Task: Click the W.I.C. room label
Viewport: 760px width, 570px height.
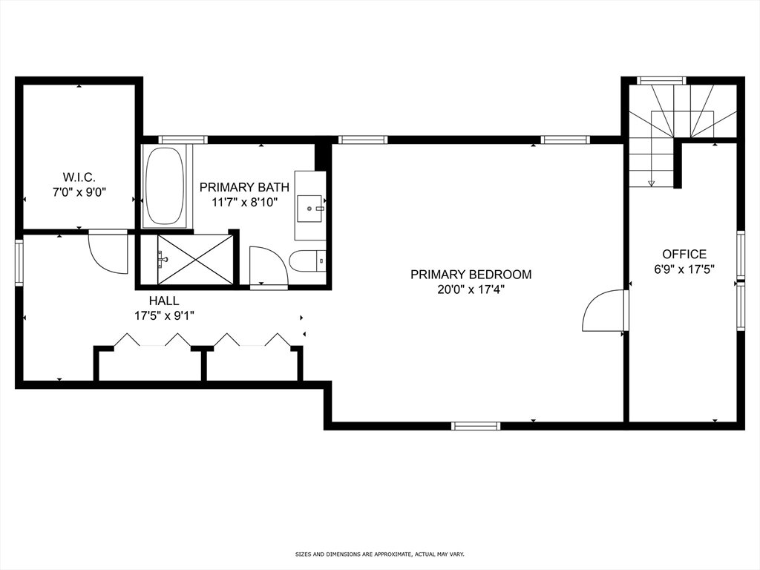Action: pos(79,177)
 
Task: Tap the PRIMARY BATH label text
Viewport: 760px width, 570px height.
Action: pos(244,187)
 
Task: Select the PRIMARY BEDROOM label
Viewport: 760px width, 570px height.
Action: pos(471,275)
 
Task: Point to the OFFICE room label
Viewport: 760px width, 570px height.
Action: pos(684,254)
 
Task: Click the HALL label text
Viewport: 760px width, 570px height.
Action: pos(164,301)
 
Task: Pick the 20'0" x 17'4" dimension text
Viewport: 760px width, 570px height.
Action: pos(471,290)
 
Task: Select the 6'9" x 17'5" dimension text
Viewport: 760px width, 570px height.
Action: pos(684,269)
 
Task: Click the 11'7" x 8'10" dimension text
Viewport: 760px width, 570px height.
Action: pos(244,203)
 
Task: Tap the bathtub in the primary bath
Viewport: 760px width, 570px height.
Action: pos(165,186)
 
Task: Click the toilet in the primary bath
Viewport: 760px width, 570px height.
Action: pos(307,261)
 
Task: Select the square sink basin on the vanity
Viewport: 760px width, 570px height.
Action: pos(309,209)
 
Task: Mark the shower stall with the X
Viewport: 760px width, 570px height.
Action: pos(195,259)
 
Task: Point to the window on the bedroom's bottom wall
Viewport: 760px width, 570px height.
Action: pos(475,426)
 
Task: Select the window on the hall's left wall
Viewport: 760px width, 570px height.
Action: pos(19,262)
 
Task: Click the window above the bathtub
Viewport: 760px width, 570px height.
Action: pos(183,140)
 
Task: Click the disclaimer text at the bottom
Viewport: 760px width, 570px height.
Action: pos(380,554)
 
